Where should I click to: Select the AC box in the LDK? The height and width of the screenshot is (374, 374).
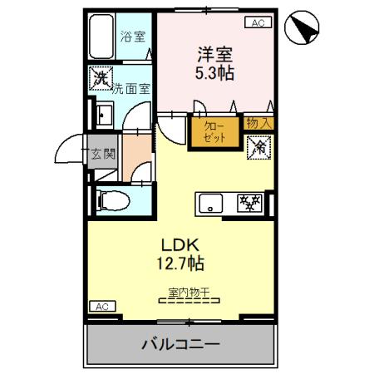pos(101,307)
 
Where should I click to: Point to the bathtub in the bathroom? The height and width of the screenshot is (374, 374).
pos(101,37)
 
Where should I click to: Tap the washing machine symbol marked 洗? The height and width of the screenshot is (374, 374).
pos(101,80)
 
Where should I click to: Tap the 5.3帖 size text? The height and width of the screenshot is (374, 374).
pos(214,73)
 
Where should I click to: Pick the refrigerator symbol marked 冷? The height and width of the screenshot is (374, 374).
pos(258,147)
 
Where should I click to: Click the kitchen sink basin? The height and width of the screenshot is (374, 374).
pos(209,202)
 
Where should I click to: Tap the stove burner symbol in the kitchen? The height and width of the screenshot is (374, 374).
pos(249,202)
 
